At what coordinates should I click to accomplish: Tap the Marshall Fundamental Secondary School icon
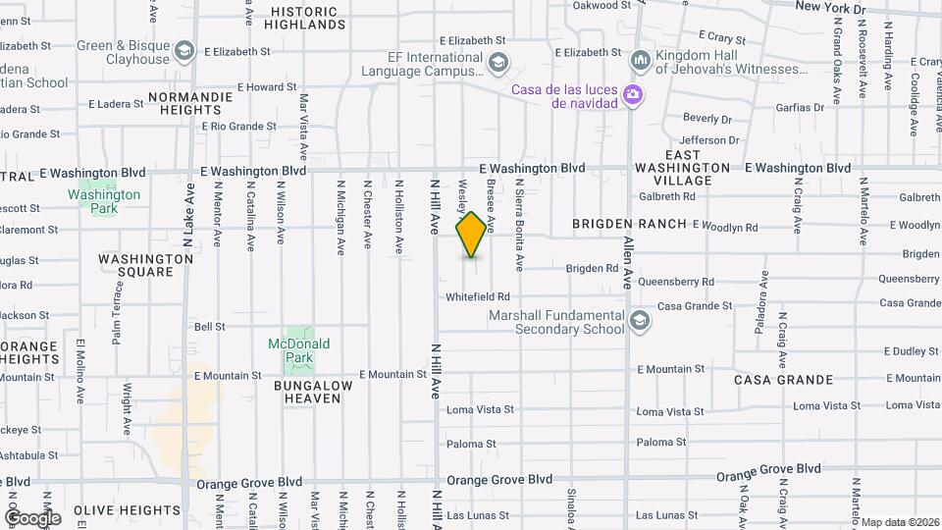(640, 321)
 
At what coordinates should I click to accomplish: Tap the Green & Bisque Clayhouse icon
(183, 51)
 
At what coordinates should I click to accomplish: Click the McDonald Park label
(298, 351)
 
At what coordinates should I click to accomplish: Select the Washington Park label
(104, 201)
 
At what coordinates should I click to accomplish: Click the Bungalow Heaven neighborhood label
(312, 392)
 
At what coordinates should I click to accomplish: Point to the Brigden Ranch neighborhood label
(628, 224)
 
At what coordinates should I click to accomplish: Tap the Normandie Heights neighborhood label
(190, 104)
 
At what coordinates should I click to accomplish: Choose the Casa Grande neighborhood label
(783, 380)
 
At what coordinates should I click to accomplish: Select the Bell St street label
(210, 327)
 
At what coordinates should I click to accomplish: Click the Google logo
(32, 517)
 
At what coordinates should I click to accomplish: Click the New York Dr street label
(830, 8)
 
